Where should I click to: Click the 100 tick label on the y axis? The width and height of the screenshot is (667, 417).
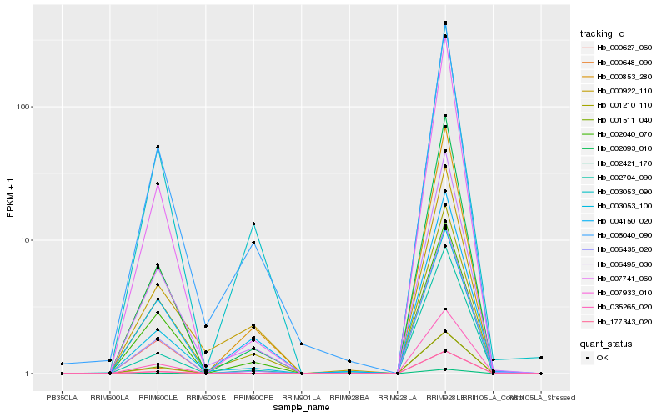24,107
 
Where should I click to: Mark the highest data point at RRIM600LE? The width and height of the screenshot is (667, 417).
158,147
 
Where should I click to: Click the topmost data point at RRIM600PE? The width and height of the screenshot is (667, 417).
253,224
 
